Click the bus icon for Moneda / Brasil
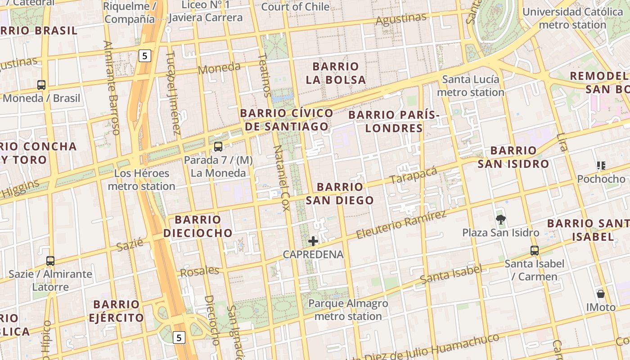pyautogui.click(x=41, y=85)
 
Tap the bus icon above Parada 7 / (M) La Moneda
pyautogui.click(x=218, y=146)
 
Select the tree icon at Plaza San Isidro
pyautogui.click(x=500, y=219)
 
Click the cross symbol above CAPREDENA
pyautogui.click(x=313, y=241)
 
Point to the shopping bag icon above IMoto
pyautogui.click(x=600, y=294)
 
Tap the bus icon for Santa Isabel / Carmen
pyautogui.click(x=535, y=250)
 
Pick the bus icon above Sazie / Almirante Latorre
pyautogui.click(x=50, y=261)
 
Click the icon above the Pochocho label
pyautogui.click(x=601, y=166)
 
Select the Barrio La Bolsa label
pyautogui.click(x=336, y=73)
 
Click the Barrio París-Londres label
pyautogui.click(x=394, y=121)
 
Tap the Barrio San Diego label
pyautogui.click(x=340, y=193)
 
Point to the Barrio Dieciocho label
pyautogui.click(x=198, y=226)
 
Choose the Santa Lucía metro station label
pyautogui.click(x=471, y=86)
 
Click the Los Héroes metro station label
pyautogui.click(x=142, y=180)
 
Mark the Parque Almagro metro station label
pyautogui.click(x=348, y=310)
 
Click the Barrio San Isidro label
pyautogui.click(x=513, y=157)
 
